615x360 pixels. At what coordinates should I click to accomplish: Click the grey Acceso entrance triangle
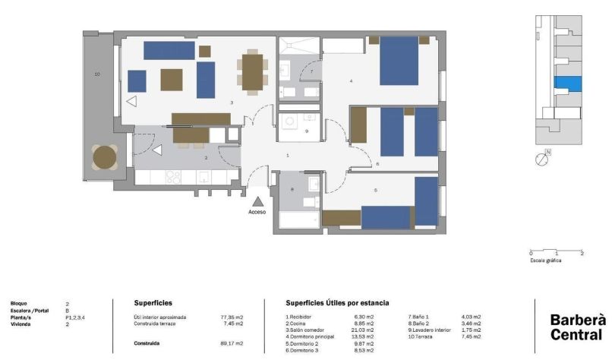tap(258, 201)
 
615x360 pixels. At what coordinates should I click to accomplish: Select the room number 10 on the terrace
tap(97, 74)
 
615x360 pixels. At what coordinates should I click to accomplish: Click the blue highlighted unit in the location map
tap(567, 84)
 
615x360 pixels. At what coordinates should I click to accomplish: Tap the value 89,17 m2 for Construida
tap(231, 343)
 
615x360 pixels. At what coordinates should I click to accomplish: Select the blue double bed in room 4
tap(399, 61)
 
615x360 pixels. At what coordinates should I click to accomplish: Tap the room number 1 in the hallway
tap(287, 156)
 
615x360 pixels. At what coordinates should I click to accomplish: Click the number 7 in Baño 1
tap(311, 71)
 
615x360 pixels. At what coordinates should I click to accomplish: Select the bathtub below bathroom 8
tap(299, 220)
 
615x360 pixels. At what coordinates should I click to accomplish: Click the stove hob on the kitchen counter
tap(173, 177)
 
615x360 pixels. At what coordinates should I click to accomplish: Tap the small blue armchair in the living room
tap(137, 81)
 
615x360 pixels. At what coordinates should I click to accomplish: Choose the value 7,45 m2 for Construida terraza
tap(231, 324)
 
